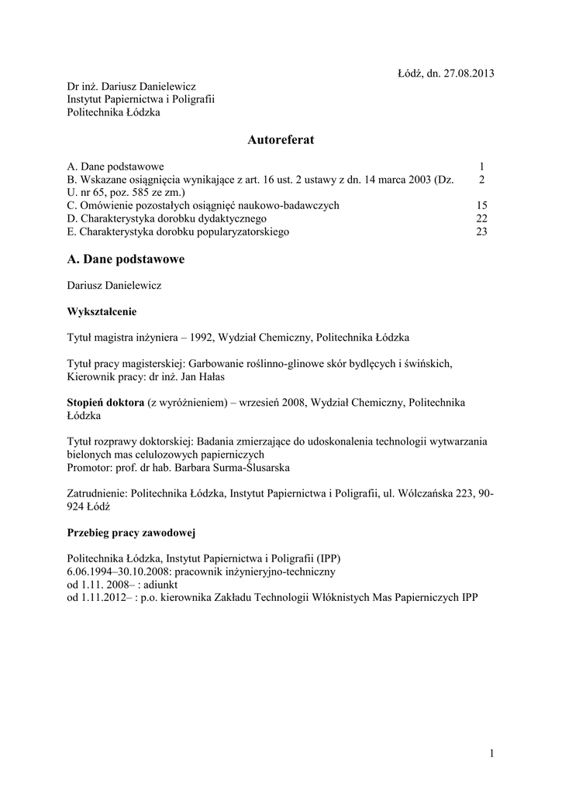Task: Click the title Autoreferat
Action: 281,140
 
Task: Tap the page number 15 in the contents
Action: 481,205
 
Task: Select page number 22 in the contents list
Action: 481,218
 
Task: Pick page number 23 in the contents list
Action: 481,232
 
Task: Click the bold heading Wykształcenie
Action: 102,311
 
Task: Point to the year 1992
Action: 204,338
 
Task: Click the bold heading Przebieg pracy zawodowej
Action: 131,533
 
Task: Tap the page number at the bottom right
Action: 491,753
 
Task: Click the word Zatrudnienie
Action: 98,493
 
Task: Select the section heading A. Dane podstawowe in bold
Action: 126,259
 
